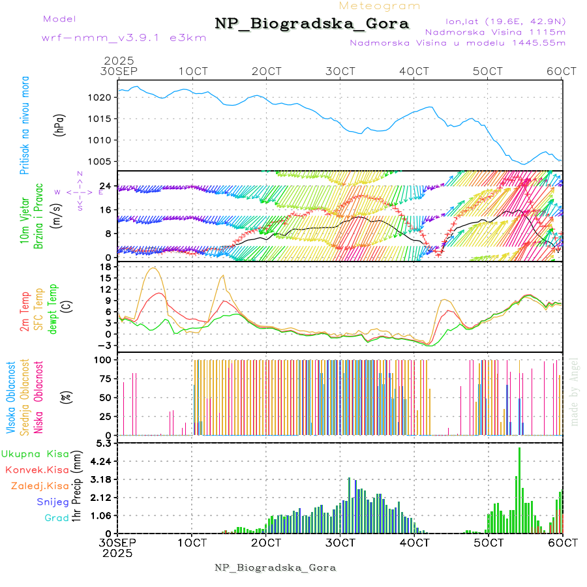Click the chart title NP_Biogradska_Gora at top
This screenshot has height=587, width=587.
point(312,24)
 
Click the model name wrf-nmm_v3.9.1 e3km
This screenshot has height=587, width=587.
point(123,37)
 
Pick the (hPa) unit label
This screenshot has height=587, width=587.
point(60,124)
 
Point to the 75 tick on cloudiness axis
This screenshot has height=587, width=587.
point(106,378)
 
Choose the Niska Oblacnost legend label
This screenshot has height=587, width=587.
point(38,397)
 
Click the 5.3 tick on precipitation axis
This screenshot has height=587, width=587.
point(107,444)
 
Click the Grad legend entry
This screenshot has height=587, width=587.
point(56,518)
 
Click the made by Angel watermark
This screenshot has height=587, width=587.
point(575,391)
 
